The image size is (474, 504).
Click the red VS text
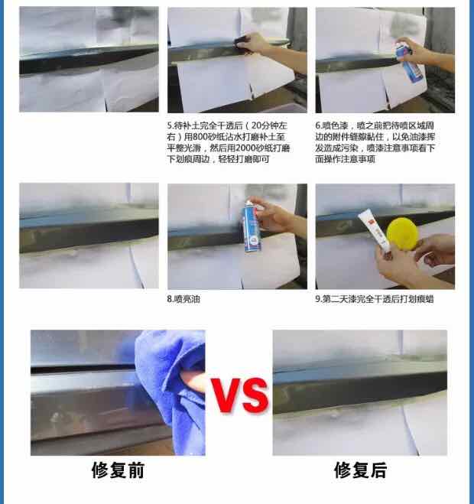(x=240, y=395)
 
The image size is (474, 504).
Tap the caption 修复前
(x=118, y=470)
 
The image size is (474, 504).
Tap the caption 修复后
(x=360, y=470)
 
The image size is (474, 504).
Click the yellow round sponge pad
(x=402, y=233)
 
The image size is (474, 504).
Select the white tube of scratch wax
(x=375, y=229)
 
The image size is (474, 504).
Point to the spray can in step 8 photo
(x=252, y=226)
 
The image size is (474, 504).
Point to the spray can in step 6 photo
(x=408, y=62)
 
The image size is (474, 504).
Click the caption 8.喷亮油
(x=183, y=299)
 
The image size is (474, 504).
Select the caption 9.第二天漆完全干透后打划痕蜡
(x=375, y=299)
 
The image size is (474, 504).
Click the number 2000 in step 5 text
(x=247, y=148)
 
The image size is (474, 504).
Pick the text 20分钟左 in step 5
(x=269, y=125)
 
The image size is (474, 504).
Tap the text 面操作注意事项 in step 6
(x=345, y=159)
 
